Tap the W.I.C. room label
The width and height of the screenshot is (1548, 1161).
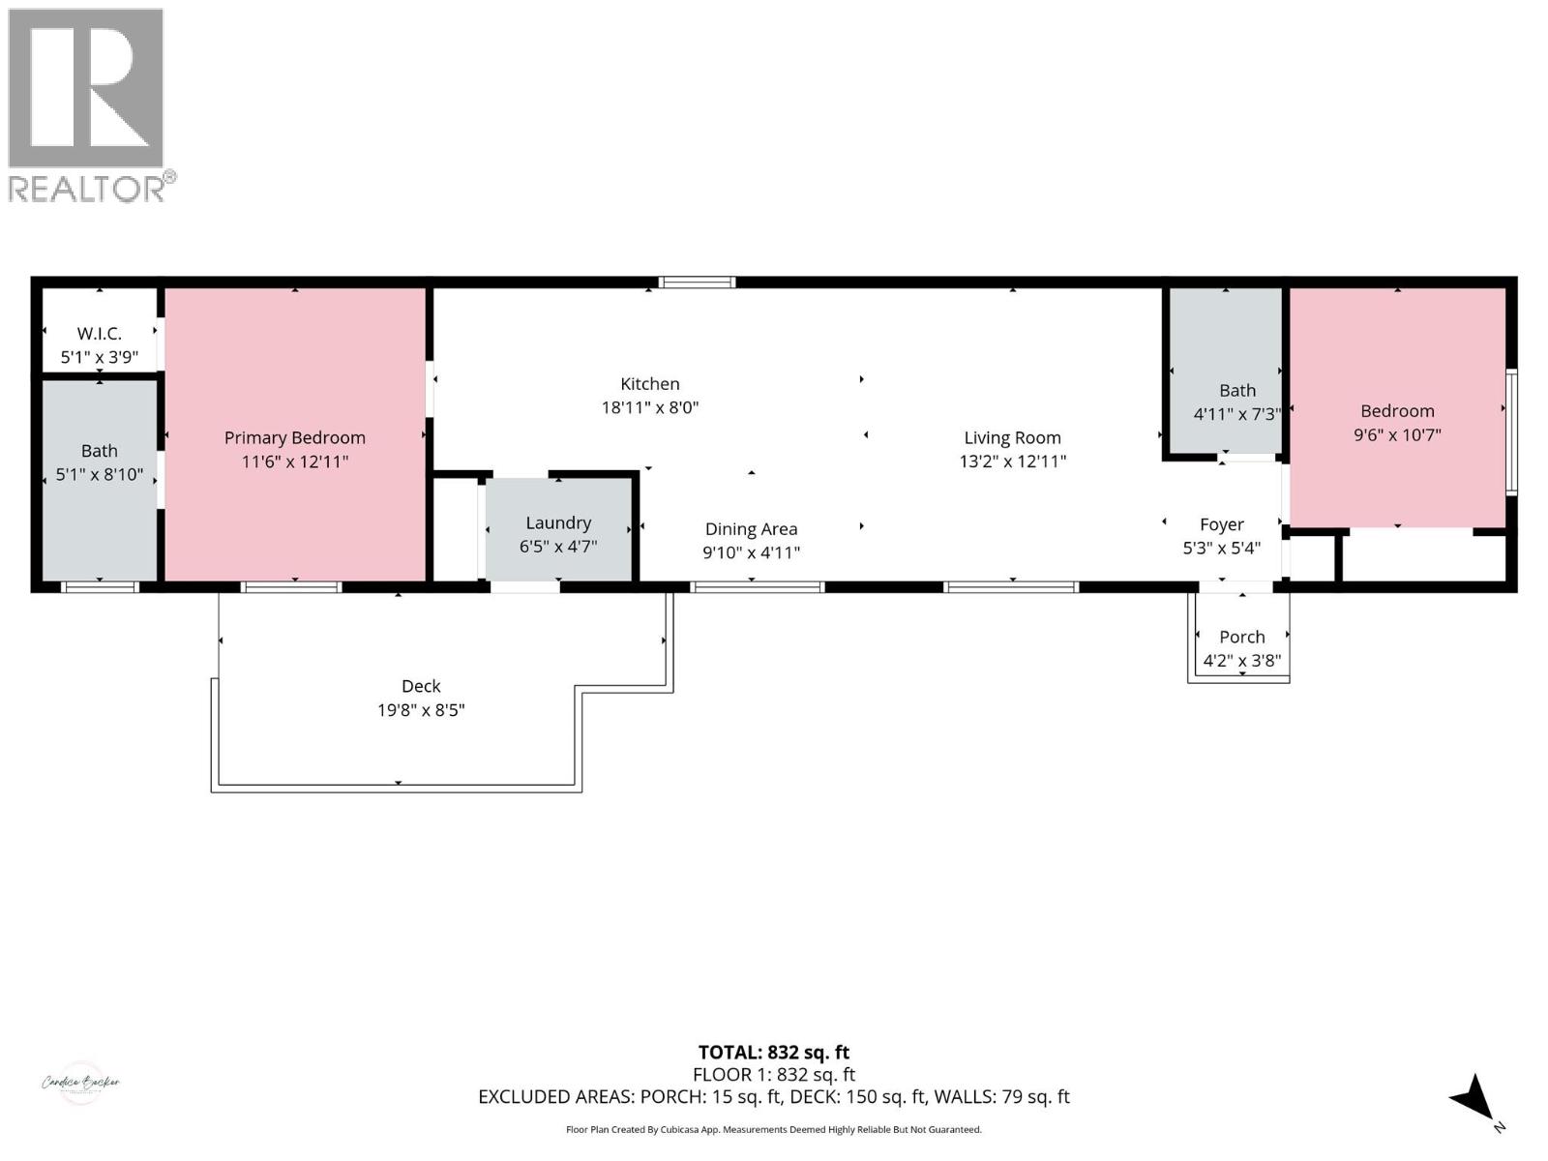click(99, 334)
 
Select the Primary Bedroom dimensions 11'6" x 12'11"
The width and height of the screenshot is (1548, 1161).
click(295, 462)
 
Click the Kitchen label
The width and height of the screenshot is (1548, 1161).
click(650, 384)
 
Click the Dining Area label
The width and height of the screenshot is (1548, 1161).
click(751, 529)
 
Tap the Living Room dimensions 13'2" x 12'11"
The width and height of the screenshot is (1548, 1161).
click(1012, 462)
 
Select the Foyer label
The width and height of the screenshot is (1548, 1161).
click(1221, 524)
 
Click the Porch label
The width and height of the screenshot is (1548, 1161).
click(1241, 637)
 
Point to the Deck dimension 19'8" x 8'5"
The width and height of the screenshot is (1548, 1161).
click(421, 710)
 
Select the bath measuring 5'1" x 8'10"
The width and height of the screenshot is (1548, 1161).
click(99, 462)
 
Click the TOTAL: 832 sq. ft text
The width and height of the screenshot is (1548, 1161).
click(774, 1053)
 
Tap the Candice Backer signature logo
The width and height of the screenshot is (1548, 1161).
click(80, 1083)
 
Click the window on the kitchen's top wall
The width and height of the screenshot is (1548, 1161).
click(697, 283)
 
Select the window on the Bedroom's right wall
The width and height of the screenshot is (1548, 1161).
click(1511, 432)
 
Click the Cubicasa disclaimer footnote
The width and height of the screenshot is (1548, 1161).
click(774, 1130)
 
